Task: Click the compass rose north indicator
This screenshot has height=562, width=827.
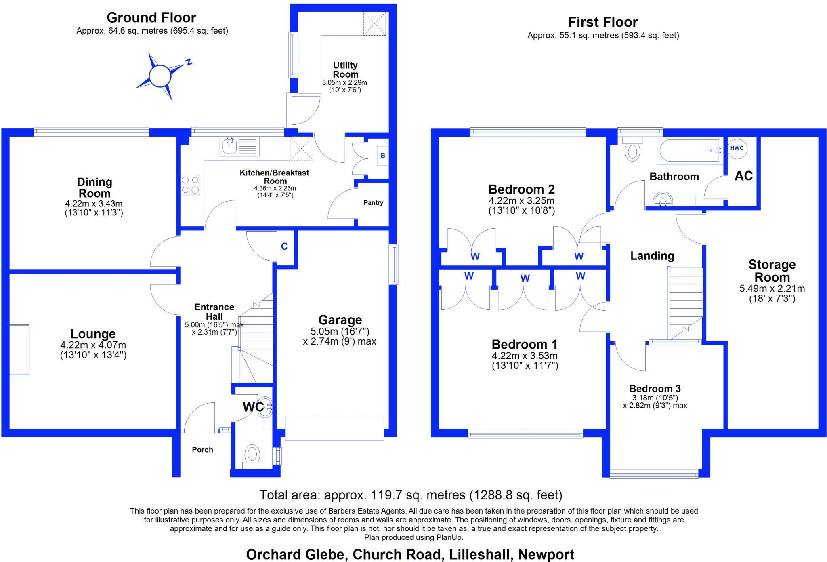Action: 188,62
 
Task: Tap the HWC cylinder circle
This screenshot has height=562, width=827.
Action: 737,148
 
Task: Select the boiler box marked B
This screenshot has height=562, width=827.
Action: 383,156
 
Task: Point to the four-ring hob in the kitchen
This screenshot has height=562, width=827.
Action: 190,185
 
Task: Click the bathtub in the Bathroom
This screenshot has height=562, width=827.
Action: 690,151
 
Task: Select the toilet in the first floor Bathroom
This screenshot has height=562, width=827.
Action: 632,148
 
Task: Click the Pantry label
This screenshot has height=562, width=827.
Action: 373,203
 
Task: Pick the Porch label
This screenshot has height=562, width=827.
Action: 202,450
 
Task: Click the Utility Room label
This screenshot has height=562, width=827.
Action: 345,70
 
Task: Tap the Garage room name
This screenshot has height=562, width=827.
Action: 340,320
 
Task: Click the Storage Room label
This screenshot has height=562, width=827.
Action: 772,271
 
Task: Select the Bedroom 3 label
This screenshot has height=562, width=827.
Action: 655,389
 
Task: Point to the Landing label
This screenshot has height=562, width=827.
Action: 652,256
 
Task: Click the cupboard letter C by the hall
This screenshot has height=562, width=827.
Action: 284,246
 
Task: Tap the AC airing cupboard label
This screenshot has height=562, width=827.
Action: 743,176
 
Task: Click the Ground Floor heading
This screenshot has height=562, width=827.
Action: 151,18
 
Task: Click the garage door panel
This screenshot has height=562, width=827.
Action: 334,429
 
